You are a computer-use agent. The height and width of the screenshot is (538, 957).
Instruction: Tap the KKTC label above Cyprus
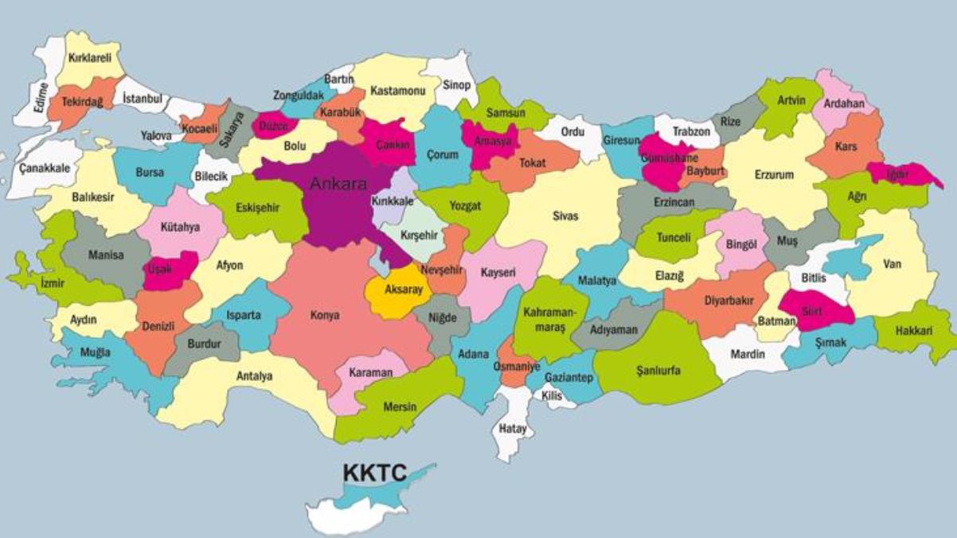click(374, 473)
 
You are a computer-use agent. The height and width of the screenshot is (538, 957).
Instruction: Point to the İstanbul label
click(143, 99)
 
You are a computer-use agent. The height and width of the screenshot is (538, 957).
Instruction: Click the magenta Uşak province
click(169, 269)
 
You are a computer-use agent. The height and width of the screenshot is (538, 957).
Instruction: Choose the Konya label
click(324, 316)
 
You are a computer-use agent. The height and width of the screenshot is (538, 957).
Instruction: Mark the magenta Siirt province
click(812, 311)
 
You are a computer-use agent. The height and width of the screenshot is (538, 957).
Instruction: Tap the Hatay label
click(513, 429)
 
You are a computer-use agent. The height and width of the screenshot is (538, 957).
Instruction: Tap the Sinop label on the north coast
click(456, 85)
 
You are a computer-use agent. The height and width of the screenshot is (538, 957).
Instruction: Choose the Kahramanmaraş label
click(544, 320)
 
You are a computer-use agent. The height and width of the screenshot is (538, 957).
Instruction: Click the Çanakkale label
click(44, 168)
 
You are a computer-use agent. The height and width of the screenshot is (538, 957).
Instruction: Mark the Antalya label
click(254, 375)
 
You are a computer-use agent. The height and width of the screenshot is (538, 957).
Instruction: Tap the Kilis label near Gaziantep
click(551, 396)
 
